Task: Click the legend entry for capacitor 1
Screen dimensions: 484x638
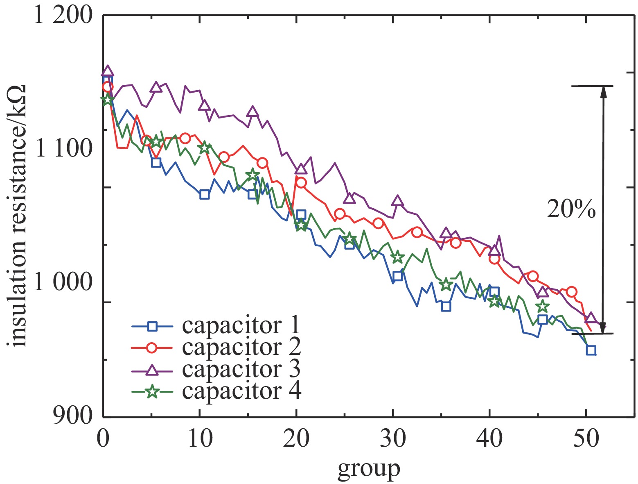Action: (241, 326)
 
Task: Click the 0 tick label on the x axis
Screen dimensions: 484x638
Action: (102, 439)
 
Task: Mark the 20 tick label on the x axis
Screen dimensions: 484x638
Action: (296, 439)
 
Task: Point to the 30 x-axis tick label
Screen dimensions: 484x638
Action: (393, 439)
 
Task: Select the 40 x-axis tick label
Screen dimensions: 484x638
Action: (490, 439)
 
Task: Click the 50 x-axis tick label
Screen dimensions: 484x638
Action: (586, 439)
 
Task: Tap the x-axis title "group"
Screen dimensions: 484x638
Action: (369, 468)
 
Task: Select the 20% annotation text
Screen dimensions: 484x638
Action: (571, 209)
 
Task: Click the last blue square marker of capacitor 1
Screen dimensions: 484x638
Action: (591, 350)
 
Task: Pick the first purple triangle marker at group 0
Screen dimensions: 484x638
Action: (107, 71)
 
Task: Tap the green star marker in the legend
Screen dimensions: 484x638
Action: (152, 391)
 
